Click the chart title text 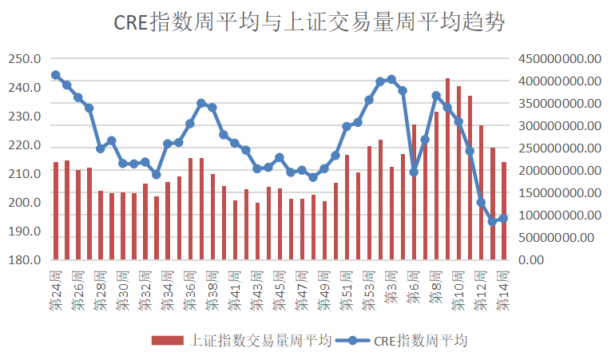click(x=308, y=22)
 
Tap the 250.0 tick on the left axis click(x=25, y=59)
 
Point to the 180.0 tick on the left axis click(x=25, y=260)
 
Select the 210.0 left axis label click(x=25, y=174)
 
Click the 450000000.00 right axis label click(x=559, y=59)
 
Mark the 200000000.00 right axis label click(x=559, y=171)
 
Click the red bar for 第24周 click(x=56, y=211)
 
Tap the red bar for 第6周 click(x=414, y=192)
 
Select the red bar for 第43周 click(x=257, y=231)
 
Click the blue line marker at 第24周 click(x=56, y=75)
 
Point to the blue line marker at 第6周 click(x=414, y=172)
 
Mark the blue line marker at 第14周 click(x=503, y=219)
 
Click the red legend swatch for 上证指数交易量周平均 click(x=168, y=340)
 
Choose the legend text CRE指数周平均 click(x=420, y=340)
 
